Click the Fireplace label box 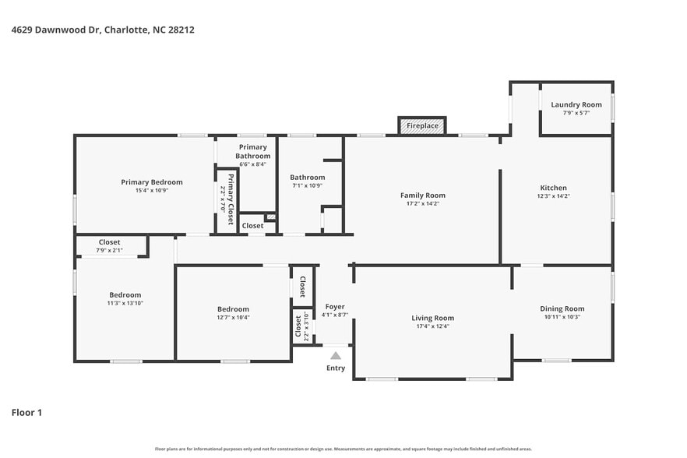[x=422, y=125]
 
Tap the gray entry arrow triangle [x=335, y=356]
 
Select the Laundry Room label [x=576, y=104]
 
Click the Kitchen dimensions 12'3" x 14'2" [x=554, y=196]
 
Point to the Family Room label [x=423, y=195]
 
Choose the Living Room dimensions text [x=432, y=326]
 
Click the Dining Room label [x=562, y=308]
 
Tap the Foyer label [x=335, y=306]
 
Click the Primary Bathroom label [x=253, y=151]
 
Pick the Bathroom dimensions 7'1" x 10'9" [x=307, y=185]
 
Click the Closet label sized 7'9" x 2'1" [x=109, y=242]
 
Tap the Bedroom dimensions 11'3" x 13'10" [x=125, y=303]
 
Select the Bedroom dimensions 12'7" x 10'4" [x=234, y=317]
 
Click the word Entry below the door [x=336, y=368]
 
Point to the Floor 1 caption [x=26, y=412]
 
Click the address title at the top [x=103, y=30]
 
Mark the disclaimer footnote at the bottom [x=343, y=449]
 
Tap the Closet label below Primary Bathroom [x=252, y=226]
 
